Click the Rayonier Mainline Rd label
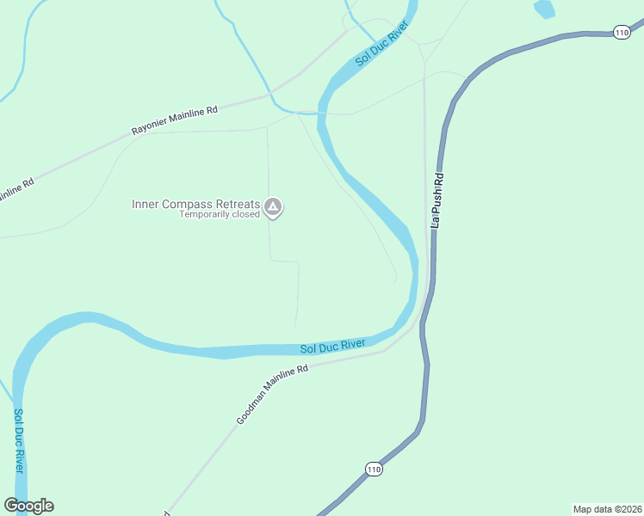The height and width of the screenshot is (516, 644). [x=175, y=120]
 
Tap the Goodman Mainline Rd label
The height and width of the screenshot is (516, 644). [x=272, y=395]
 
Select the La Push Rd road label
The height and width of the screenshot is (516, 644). [x=438, y=200]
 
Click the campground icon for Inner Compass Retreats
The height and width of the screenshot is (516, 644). [x=273, y=206]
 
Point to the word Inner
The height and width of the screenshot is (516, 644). [x=146, y=204]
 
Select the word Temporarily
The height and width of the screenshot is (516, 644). [x=203, y=215]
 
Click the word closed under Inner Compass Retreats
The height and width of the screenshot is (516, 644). [x=245, y=215]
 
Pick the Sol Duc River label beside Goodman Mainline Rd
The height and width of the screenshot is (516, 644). [x=332, y=347]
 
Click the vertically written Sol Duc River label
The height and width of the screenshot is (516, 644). [x=18, y=439]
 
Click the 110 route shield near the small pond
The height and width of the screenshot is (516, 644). [x=622, y=32]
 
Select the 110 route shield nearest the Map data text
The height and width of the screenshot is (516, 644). [x=372, y=469]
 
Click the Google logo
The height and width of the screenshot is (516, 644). [x=28, y=506]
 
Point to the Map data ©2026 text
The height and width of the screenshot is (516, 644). [x=608, y=509]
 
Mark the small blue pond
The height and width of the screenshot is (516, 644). [x=543, y=9]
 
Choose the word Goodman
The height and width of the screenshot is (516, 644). [x=251, y=410]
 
